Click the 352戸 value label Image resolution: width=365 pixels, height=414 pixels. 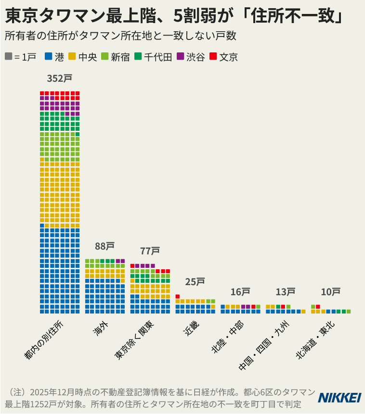pyautogui.click(x=60, y=78)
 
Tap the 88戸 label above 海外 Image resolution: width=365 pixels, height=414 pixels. pyautogui.click(x=105, y=246)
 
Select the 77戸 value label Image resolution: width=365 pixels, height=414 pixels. pyautogui.click(x=150, y=251)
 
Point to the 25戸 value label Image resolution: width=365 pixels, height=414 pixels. pyautogui.click(x=195, y=282)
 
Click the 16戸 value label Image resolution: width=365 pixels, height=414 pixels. pyautogui.click(x=240, y=292)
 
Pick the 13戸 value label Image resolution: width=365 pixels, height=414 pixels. pyautogui.click(x=286, y=292)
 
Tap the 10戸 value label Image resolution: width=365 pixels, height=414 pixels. pyautogui.click(x=331, y=292)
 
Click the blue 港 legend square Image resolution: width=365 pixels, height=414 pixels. pyautogui.click(x=49, y=56)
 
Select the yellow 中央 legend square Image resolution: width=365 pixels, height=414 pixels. pyautogui.click(x=72, y=56)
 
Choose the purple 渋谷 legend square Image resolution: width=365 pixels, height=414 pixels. pyautogui.click(x=181, y=56)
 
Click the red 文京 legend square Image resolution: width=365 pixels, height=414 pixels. pyautogui.click(x=213, y=56)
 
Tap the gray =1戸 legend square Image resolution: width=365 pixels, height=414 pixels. pyautogui.click(x=9, y=56)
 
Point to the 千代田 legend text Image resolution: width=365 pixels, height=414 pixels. pyautogui.click(x=158, y=57)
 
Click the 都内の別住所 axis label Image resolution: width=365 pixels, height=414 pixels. pyautogui.click(x=44, y=340)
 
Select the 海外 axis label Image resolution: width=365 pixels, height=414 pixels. pyautogui.click(x=101, y=329)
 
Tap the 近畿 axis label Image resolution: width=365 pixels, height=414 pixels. pyautogui.click(x=191, y=329)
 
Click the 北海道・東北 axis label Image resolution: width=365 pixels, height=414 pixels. pyautogui.click(x=315, y=340)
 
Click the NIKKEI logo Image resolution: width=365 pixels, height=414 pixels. pyautogui.click(x=339, y=398)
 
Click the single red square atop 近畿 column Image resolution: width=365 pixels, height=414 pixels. pyautogui.click(x=178, y=297)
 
